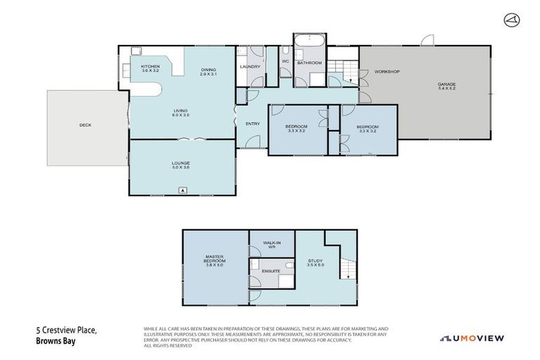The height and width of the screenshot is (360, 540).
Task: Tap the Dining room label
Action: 208,71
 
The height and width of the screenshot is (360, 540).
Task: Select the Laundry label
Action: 250,67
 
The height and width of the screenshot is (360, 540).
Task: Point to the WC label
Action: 285,61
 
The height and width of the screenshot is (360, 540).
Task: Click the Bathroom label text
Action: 309,63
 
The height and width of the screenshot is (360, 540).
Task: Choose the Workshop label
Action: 387,72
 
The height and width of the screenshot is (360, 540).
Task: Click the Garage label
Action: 447,86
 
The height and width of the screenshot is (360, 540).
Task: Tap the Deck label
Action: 85,125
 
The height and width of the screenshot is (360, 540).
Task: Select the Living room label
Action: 181,113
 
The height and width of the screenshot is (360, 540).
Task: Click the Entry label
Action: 252,124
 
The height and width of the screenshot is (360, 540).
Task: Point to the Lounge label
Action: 181,165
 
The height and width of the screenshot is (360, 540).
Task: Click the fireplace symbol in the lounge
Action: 183,190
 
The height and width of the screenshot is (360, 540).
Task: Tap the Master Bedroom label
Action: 214,260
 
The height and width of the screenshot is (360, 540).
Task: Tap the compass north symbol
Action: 511,20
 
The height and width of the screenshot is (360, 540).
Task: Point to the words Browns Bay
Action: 58,343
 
